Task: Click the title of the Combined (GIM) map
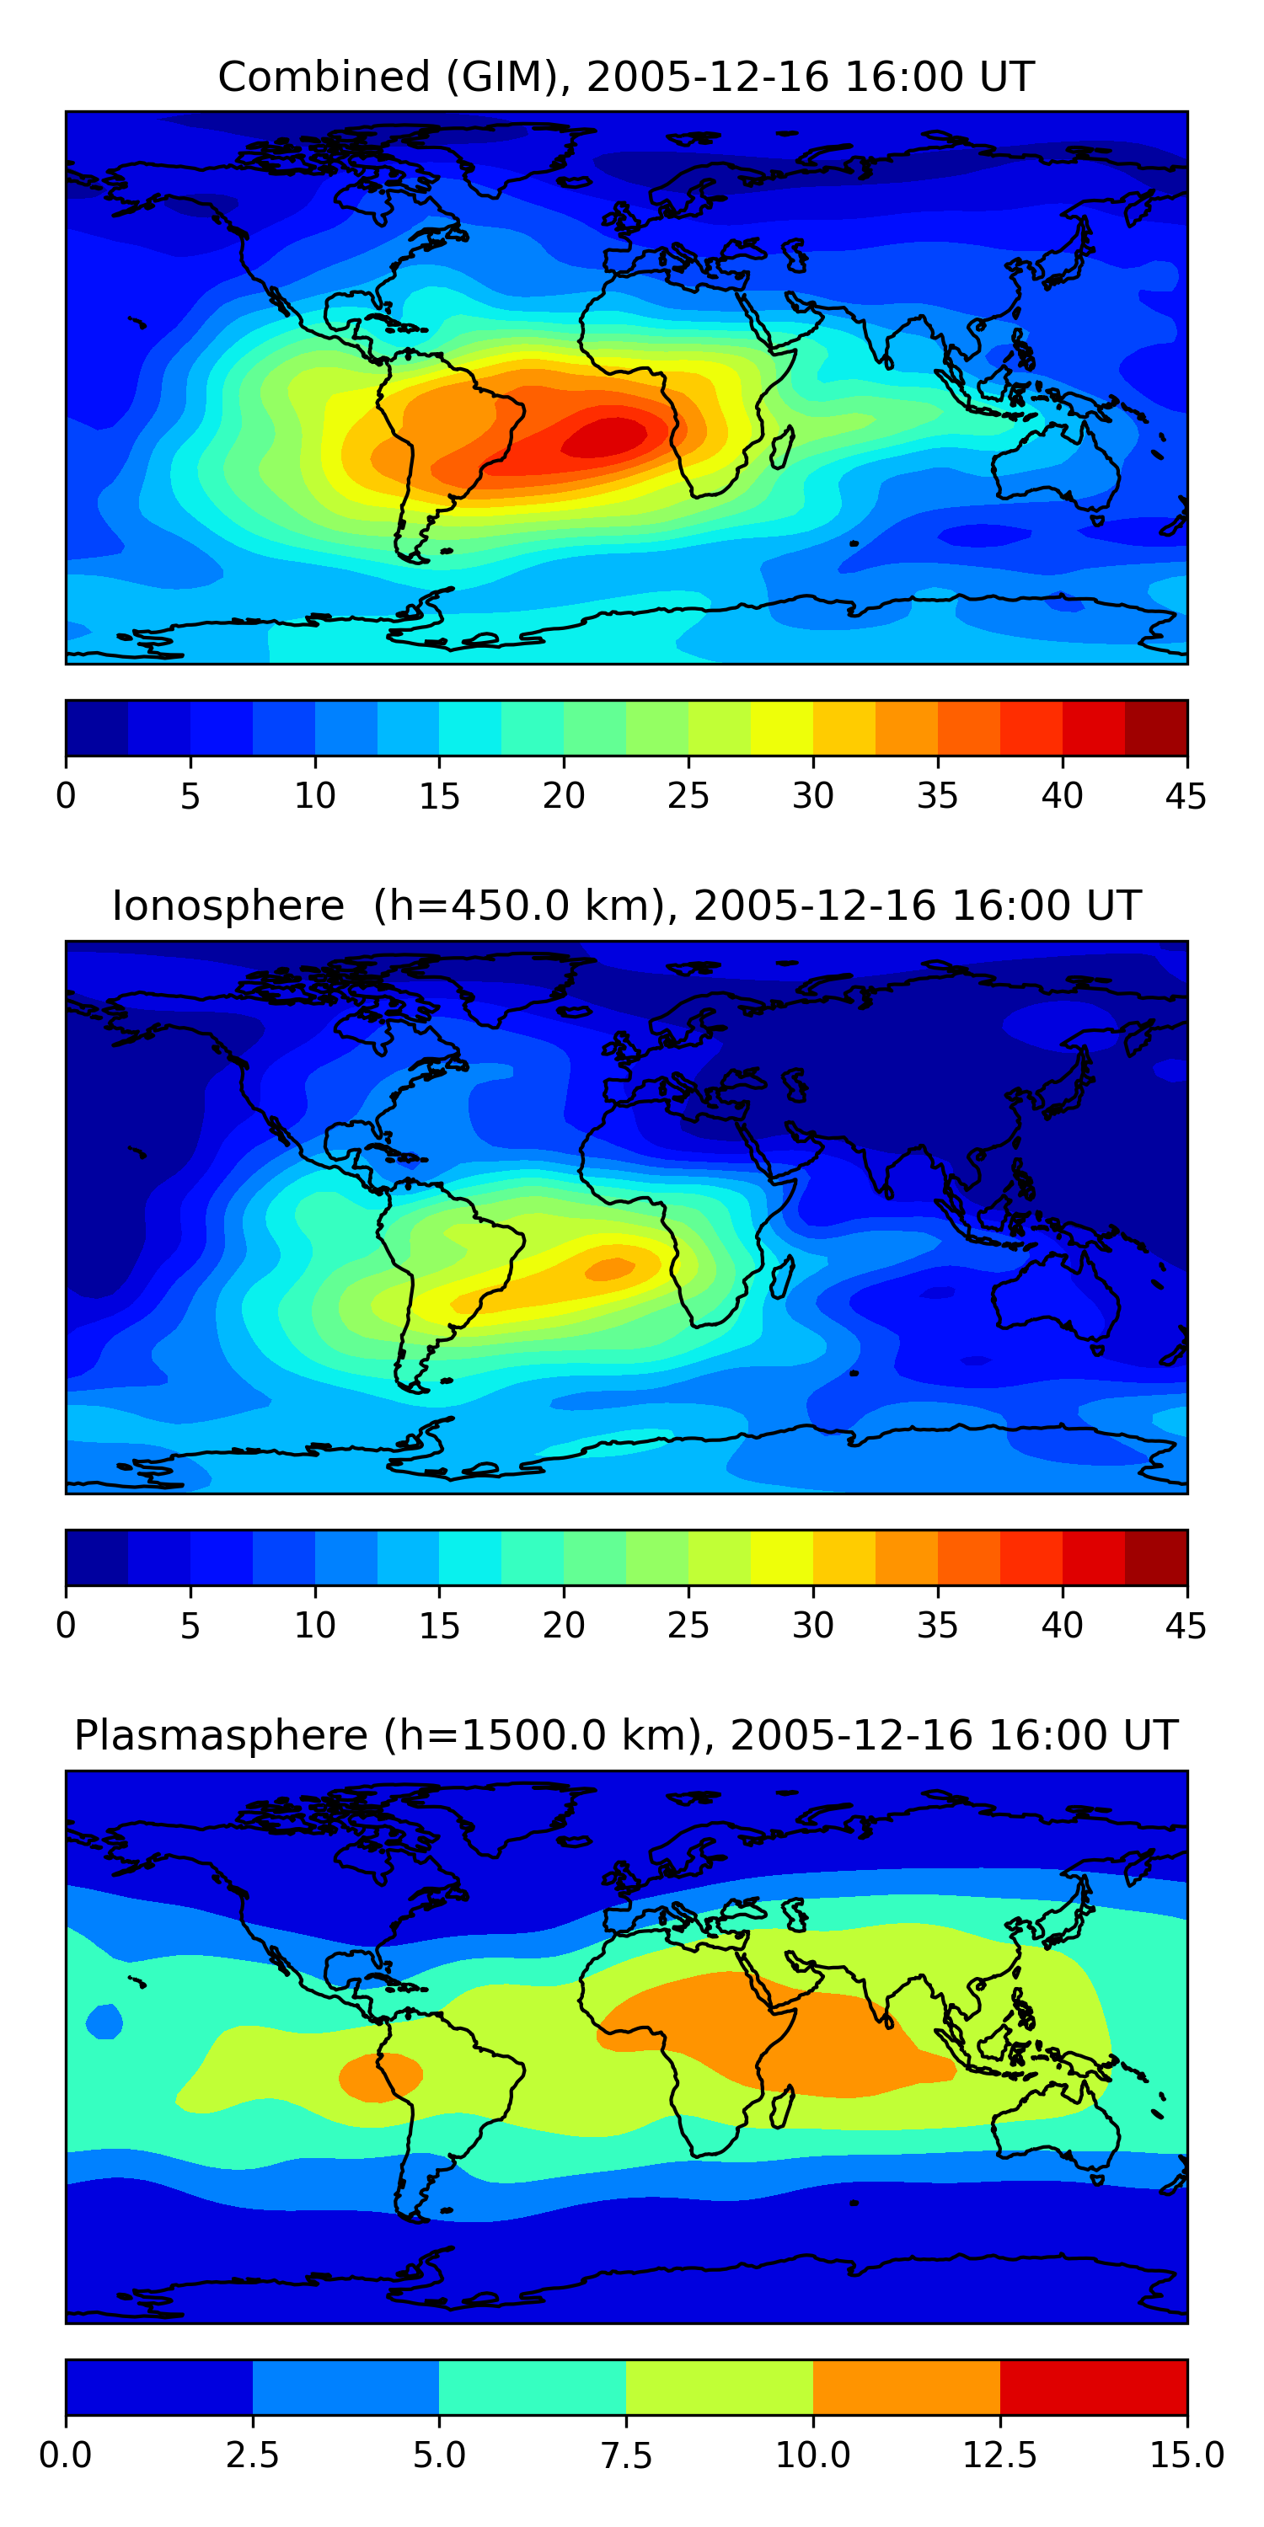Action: click(626, 77)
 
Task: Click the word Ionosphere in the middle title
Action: click(228, 906)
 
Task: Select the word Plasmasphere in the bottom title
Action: click(221, 1734)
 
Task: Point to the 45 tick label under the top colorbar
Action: click(1186, 795)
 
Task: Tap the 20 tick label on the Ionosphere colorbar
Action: click(563, 1625)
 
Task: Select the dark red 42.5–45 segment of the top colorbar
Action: click(1155, 728)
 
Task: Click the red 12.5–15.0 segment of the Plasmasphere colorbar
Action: click(1093, 2385)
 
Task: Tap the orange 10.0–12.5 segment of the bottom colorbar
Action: click(906, 2385)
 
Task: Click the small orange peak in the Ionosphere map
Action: click(610, 1269)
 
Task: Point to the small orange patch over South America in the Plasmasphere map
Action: click(380, 2076)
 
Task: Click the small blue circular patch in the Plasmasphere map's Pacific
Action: click(104, 2022)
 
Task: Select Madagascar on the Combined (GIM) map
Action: click(783, 447)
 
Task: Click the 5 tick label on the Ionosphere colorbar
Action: click(190, 1625)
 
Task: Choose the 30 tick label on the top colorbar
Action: click(812, 795)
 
